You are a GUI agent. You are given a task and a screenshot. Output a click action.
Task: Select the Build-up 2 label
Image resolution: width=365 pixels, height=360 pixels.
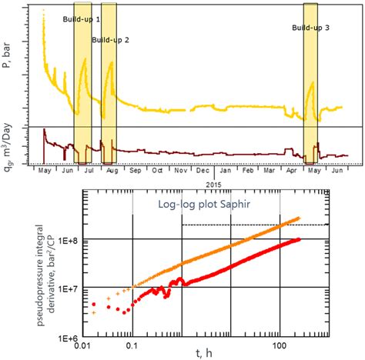[x=110, y=39]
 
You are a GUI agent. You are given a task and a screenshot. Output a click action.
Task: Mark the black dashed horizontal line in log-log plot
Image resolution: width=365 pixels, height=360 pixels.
[x=246, y=225]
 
